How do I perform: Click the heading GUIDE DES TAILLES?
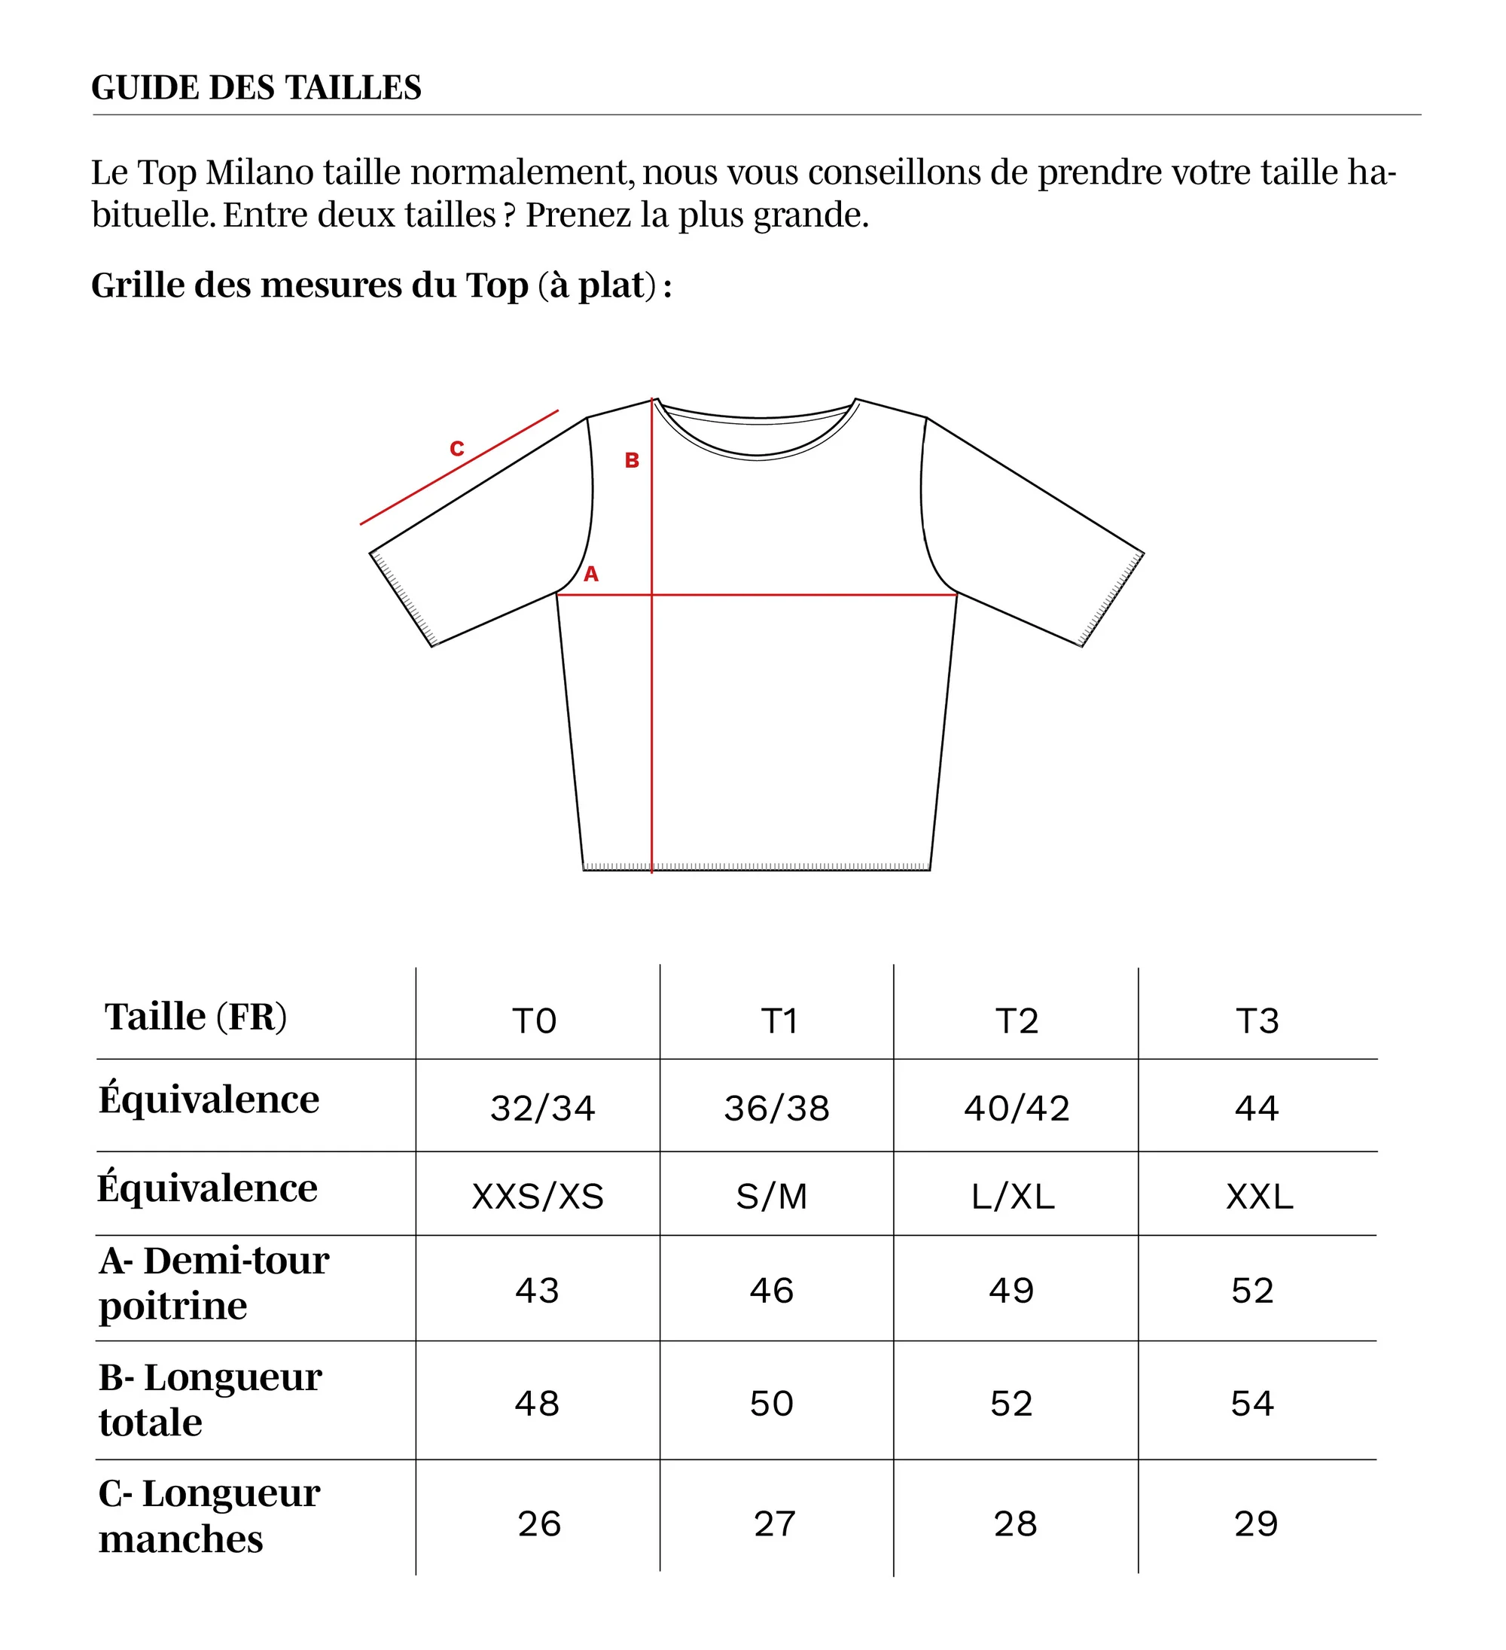tap(256, 87)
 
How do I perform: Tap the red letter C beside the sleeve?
tap(457, 449)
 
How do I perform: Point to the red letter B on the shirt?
tap(632, 461)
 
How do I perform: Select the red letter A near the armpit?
tap(591, 575)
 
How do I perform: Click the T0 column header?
tap(535, 1021)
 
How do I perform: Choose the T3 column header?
tap(1258, 1021)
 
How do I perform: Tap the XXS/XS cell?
tap(538, 1197)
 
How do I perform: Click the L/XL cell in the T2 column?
tap(1014, 1197)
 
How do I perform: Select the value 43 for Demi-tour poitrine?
tap(537, 1291)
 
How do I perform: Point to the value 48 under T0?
tap(537, 1404)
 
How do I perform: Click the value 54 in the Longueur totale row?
tap(1252, 1404)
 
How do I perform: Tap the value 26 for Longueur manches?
tap(539, 1524)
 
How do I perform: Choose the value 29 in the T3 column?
tap(1255, 1524)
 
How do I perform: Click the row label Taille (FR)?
tap(197, 1017)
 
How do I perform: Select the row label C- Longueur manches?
tap(209, 1517)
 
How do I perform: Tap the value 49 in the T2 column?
tap(1011, 1291)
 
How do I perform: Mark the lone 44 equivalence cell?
tap(1256, 1109)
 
